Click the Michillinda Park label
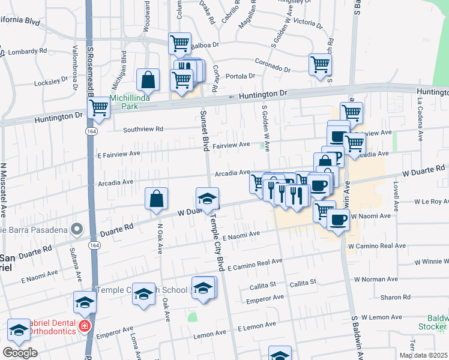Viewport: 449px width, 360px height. tap(124, 102)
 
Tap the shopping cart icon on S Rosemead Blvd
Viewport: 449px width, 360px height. tap(98, 108)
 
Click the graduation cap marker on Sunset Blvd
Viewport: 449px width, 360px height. tap(208, 199)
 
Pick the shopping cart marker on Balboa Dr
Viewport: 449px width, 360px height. tap(180, 43)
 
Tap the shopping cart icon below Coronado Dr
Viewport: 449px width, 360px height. tap(320, 64)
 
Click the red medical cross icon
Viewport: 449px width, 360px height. tap(85, 326)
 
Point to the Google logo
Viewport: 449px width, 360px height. tap(20, 353)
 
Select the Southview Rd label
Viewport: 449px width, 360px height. tap(143, 129)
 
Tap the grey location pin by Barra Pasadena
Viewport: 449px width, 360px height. tap(77, 229)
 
